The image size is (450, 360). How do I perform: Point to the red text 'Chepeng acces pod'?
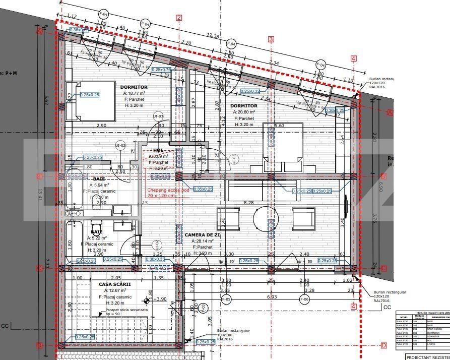click(x=168, y=191)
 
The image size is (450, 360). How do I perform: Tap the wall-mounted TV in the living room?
click(x=346, y=207)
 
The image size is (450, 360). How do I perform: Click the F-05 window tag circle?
click(x=226, y=299)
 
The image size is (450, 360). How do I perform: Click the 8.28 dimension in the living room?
click(x=248, y=202)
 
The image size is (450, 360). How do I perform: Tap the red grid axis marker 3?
click(x=271, y=39)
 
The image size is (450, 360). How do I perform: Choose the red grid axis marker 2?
click(x=179, y=18)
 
